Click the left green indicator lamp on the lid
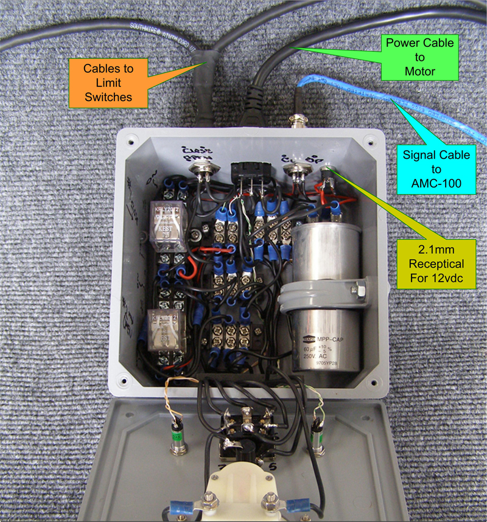[x=177, y=435]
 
